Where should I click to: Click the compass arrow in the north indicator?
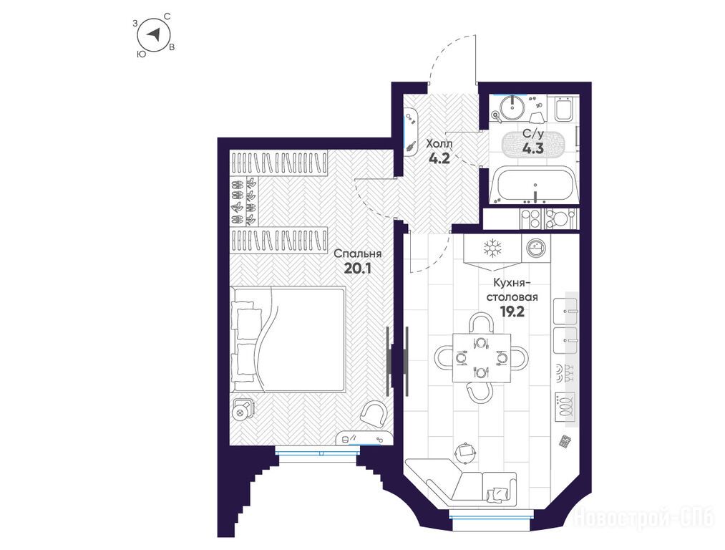(x=155, y=34)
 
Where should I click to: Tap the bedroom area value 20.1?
(x=358, y=269)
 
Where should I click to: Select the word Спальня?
(x=357, y=254)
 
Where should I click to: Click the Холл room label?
(x=439, y=143)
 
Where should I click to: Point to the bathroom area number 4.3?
(x=532, y=148)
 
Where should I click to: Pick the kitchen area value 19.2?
(x=512, y=312)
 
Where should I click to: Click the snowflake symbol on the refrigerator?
(x=492, y=249)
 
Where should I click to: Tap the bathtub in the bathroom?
(x=534, y=186)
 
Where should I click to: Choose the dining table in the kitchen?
(x=482, y=357)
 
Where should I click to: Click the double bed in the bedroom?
(x=288, y=339)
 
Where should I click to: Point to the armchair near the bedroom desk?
(x=374, y=414)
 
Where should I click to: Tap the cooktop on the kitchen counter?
(x=565, y=407)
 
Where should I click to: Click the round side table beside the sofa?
(x=464, y=451)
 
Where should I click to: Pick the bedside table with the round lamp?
(x=243, y=409)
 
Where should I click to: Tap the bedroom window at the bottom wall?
(x=317, y=452)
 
